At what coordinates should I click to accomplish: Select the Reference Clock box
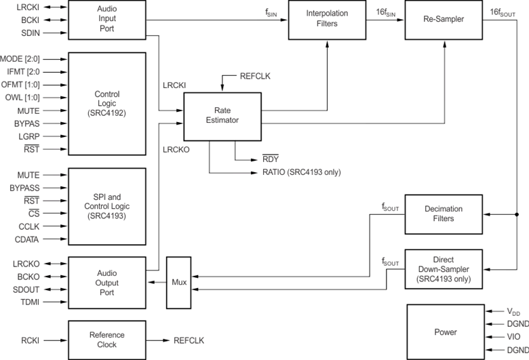tap(107, 340)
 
